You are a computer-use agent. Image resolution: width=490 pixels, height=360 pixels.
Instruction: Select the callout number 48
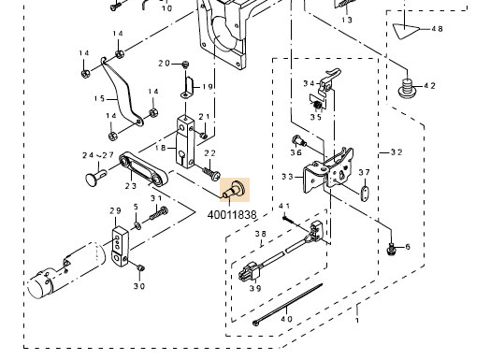(436, 29)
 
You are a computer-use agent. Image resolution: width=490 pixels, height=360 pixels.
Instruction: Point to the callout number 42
(428, 85)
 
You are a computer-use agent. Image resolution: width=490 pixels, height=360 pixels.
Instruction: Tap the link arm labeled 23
(144, 174)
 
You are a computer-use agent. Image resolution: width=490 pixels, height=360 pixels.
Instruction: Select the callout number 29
(115, 210)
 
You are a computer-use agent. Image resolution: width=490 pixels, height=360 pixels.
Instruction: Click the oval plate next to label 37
(361, 194)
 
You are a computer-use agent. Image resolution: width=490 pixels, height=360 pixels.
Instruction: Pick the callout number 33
(286, 176)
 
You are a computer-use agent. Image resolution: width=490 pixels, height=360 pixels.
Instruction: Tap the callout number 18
(161, 147)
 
